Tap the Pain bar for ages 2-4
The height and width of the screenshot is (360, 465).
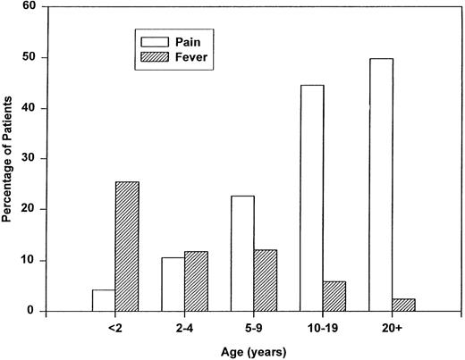[x=173, y=284]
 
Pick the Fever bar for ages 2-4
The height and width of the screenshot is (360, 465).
[x=195, y=281]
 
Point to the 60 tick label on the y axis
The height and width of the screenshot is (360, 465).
[x=30, y=6]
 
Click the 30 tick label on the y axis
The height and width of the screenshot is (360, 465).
[x=30, y=159]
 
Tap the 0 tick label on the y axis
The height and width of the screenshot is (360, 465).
[x=33, y=312]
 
